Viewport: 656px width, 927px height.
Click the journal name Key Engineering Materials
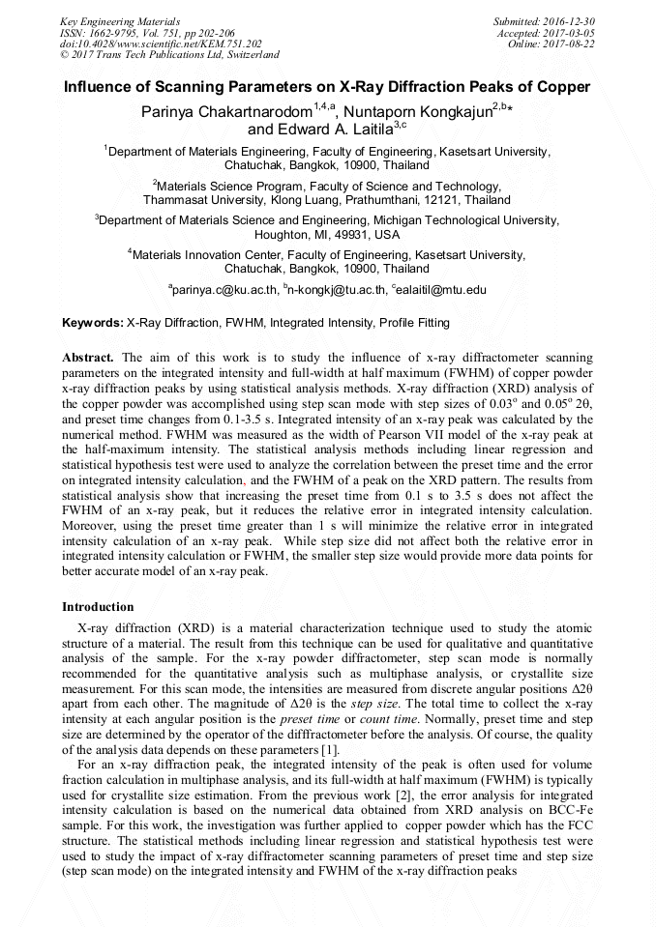click(119, 20)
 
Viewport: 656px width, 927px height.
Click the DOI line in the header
click(160, 43)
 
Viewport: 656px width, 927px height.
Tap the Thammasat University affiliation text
click(211, 200)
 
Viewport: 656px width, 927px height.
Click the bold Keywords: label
click(93, 323)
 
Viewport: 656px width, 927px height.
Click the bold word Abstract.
click(88, 357)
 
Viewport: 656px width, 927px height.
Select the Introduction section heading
click(98, 607)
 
